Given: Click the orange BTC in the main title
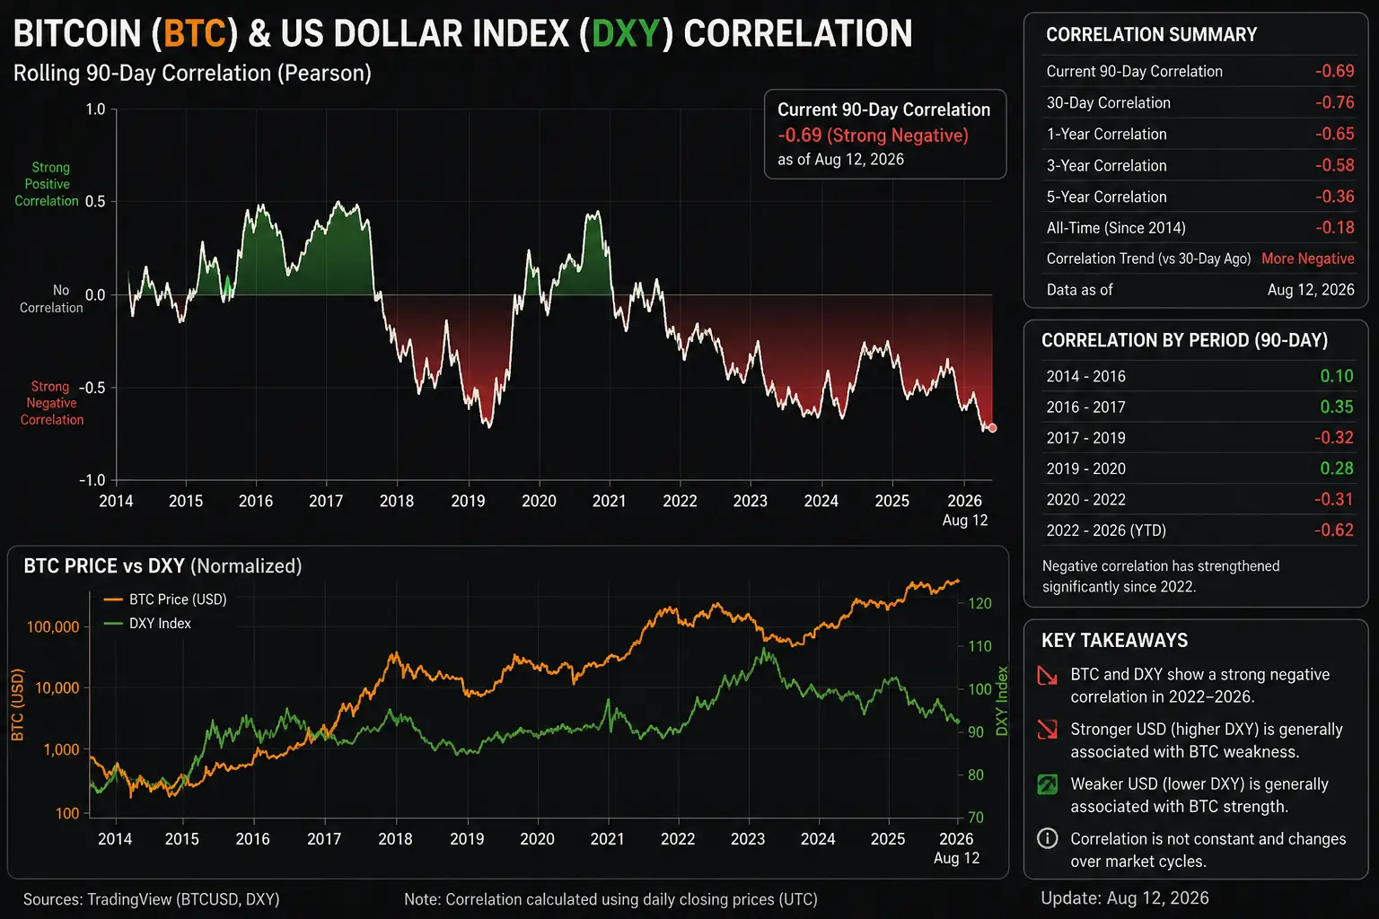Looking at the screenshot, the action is coord(195,33).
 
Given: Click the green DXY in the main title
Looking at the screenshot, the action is coord(626,33).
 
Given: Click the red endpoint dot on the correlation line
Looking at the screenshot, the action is coord(992,428).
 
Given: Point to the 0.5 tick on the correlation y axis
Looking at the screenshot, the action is coord(95,202).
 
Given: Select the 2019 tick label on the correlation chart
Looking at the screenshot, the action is coord(468,501).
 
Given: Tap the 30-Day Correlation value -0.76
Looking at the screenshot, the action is coord(1335,102).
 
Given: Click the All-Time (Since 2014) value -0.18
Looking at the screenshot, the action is coord(1335,228).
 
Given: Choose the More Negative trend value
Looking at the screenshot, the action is coord(1307,258).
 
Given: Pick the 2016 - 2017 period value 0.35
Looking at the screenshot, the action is coord(1337,407).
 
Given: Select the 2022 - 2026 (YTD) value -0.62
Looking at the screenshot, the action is coord(1334,530).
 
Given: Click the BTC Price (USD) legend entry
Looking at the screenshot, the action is coord(165,600).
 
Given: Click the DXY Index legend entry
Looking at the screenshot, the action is coord(147,624).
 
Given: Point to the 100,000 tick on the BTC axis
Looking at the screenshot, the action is coord(53,627).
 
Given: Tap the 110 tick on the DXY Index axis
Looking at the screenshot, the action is coord(980,646).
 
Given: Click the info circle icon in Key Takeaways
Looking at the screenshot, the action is coord(1047,838).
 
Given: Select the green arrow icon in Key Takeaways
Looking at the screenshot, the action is coord(1047,784).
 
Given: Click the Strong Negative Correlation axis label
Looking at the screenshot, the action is coord(52,403).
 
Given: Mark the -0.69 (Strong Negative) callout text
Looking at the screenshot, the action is coord(873,136).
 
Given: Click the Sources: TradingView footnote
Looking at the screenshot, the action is coord(152,899).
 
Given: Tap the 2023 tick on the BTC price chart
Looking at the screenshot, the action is coord(748,839).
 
